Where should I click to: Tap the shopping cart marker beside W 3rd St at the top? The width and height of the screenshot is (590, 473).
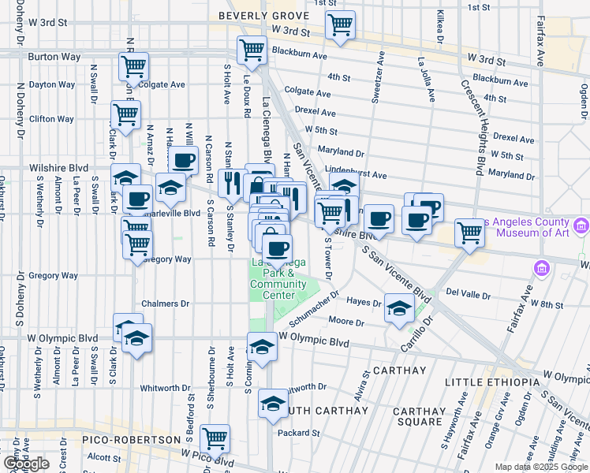[x=340, y=24]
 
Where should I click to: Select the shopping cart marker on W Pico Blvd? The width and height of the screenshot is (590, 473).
[x=215, y=438]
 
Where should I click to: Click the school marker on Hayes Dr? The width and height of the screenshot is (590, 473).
[x=400, y=307]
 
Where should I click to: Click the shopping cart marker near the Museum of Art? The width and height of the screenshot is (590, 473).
[x=469, y=233]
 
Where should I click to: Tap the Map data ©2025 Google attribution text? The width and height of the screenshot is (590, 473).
[x=540, y=467]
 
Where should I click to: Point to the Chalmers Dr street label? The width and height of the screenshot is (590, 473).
[x=165, y=303]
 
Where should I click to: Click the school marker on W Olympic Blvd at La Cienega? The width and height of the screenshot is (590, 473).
[x=262, y=345]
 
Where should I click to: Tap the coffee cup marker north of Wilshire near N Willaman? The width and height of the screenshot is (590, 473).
[x=184, y=161]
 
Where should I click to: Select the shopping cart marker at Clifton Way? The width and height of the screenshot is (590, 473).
[x=126, y=115]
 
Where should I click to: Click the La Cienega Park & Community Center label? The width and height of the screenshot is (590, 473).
[x=278, y=279]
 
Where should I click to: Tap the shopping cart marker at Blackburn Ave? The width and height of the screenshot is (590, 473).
[x=252, y=50]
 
